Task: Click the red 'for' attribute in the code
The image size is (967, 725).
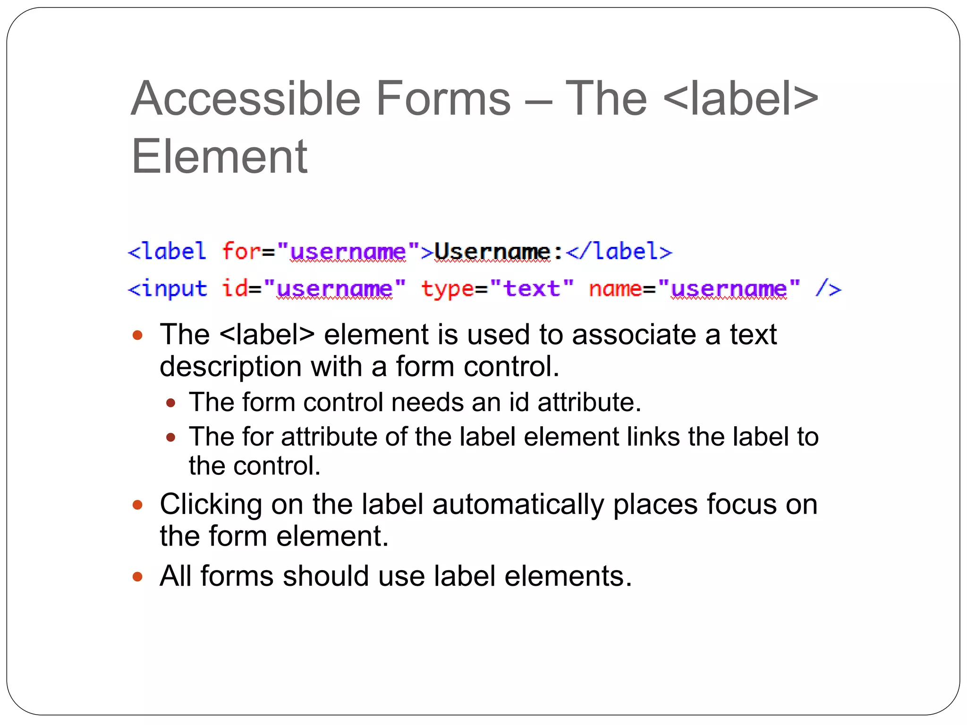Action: point(241,251)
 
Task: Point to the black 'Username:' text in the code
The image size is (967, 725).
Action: point(498,252)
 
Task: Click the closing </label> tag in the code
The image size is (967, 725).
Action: point(619,252)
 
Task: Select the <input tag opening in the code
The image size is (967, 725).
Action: point(168,288)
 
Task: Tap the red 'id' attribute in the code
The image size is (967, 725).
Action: point(235,288)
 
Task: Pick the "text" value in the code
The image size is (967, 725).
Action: point(532,288)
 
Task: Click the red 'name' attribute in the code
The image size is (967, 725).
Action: point(615,288)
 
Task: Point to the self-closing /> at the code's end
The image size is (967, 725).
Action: point(828,288)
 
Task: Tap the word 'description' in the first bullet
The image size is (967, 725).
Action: point(230,367)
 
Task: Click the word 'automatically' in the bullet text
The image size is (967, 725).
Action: point(518,504)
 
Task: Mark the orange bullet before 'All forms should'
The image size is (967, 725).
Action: point(137,576)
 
